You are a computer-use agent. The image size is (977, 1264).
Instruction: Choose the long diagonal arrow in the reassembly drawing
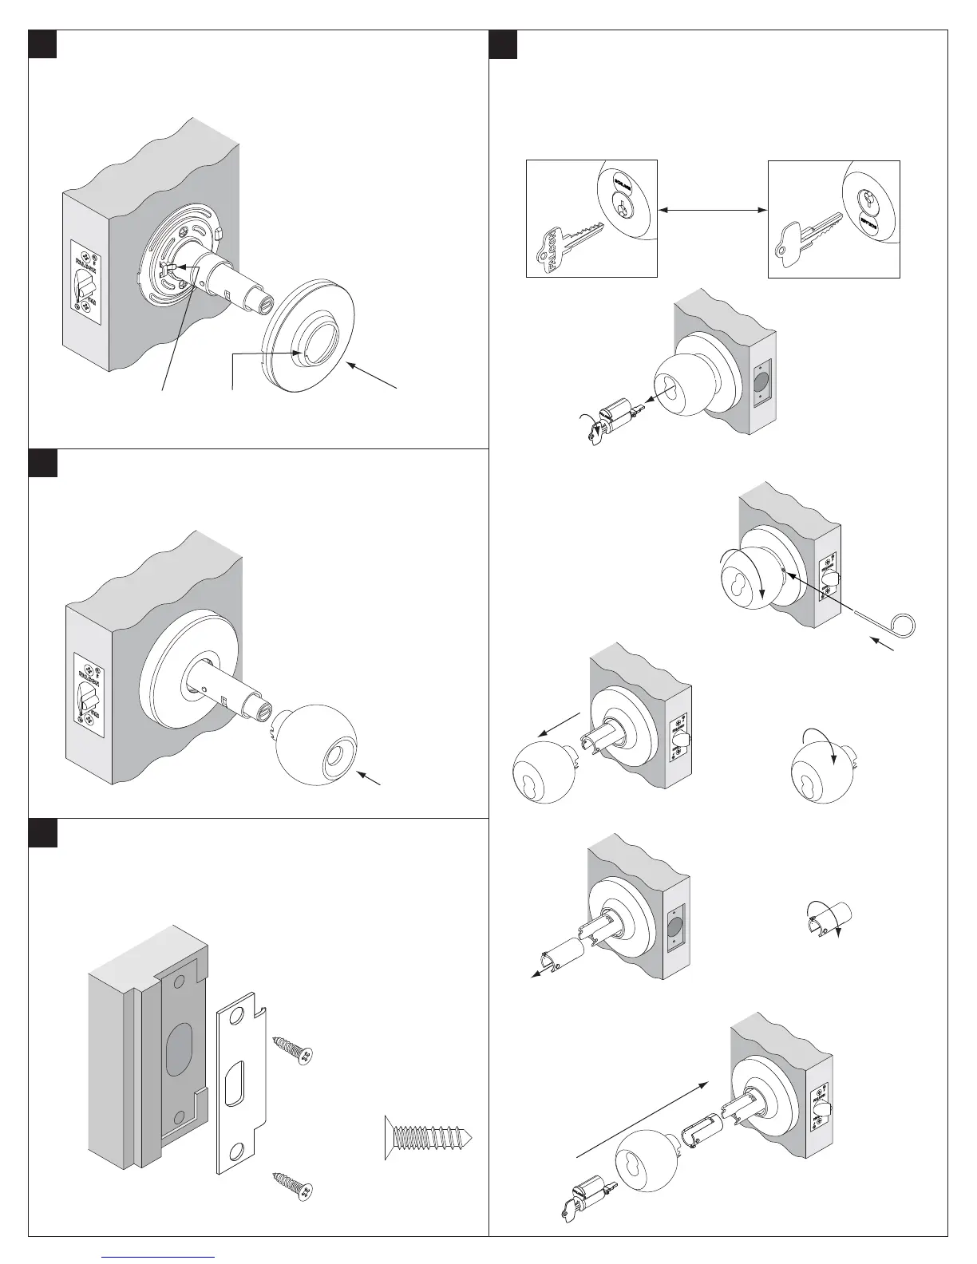643,1117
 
